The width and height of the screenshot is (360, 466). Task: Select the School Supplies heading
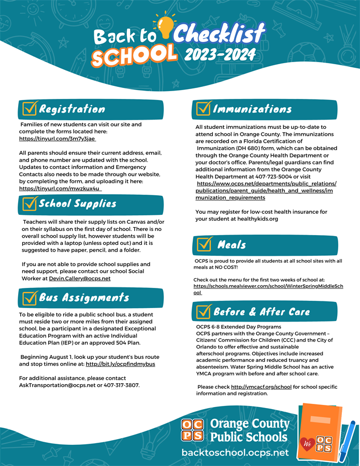[78, 203]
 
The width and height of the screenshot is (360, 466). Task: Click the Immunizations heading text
[252, 109]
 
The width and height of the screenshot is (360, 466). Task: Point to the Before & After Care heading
[262, 312]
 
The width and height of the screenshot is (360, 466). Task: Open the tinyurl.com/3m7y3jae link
[57, 139]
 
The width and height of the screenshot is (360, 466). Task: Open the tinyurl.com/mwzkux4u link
[60, 188]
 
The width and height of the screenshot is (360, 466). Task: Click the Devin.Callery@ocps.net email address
[80, 279]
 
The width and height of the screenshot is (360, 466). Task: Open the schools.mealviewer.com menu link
[268, 286]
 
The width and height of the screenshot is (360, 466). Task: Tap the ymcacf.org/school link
[261, 387]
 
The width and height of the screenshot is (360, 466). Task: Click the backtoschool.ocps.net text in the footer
[235, 452]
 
